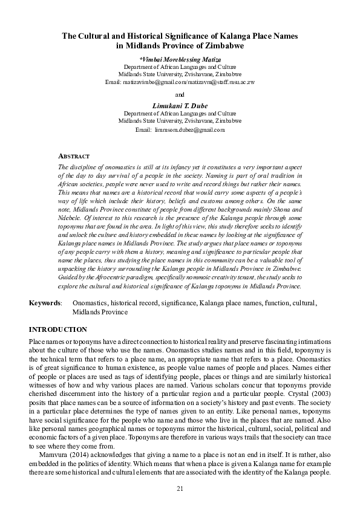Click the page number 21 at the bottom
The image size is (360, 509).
coord(180,488)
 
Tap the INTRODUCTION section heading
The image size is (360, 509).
coord(58,329)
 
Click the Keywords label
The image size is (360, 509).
coord(45,301)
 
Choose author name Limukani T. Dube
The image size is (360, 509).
coord(180,106)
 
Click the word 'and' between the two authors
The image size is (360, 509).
coord(180,94)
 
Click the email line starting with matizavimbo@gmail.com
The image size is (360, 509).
coord(180,81)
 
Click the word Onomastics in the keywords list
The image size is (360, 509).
coord(90,301)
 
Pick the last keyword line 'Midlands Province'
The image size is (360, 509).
coord(100,311)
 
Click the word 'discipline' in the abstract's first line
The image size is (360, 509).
coord(83,166)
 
